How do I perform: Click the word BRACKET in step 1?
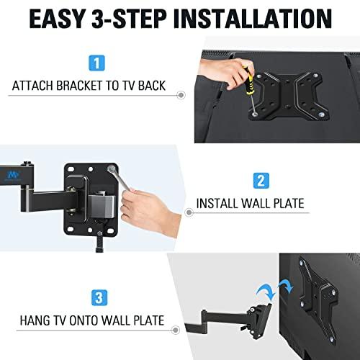tap(86, 86)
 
